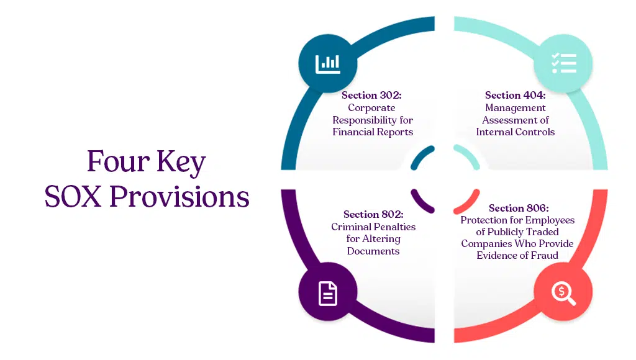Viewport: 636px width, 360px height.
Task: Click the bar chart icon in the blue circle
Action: click(327, 63)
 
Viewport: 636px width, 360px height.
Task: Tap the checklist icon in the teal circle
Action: click(563, 63)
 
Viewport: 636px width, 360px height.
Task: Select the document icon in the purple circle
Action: click(327, 293)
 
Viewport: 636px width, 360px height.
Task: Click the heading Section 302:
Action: click(372, 96)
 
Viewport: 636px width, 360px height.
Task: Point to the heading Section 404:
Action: click(515, 96)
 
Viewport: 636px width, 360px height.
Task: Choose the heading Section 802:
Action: click(373, 215)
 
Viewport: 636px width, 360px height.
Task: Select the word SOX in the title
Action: click(74, 197)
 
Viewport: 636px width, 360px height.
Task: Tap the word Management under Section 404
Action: click(515, 107)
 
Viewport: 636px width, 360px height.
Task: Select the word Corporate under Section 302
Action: click(371, 107)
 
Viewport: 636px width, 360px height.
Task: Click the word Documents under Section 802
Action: click(373, 251)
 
